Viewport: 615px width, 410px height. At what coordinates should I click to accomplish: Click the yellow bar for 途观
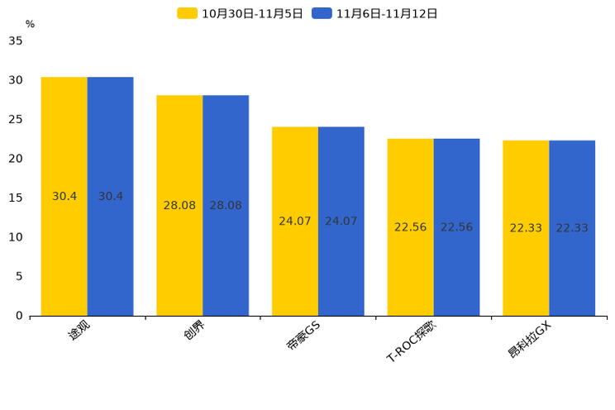tap(64, 196)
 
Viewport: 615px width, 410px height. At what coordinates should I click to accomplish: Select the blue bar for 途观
tap(110, 196)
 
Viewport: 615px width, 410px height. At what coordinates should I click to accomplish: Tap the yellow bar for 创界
tap(179, 205)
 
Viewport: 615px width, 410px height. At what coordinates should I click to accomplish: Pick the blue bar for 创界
tap(226, 205)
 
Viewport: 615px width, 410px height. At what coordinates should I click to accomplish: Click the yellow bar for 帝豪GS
tap(295, 221)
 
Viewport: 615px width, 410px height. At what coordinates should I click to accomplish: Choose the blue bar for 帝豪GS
tap(341, 221)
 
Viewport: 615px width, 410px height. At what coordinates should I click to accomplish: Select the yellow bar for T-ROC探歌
tap(410, 226)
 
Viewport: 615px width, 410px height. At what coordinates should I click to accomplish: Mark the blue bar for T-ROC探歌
tap(456, 226)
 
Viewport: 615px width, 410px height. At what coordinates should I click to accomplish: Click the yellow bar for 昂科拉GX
tap(526, 227)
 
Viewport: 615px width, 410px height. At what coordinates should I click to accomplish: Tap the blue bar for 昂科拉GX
tap(572, 227)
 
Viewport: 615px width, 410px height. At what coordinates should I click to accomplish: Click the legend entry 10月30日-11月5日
tap(241, 13)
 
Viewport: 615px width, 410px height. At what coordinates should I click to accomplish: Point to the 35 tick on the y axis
tap(16, 41)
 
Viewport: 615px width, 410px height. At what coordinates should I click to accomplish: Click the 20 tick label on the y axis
tap(16, 159)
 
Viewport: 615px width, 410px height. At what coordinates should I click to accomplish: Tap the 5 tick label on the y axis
tap(19, 276)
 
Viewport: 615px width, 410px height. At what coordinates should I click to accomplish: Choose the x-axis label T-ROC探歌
tap(411, 341)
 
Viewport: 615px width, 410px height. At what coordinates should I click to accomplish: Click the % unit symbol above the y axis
tap(30, 24)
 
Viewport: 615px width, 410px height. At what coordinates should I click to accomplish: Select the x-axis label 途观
tap(79, 331)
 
